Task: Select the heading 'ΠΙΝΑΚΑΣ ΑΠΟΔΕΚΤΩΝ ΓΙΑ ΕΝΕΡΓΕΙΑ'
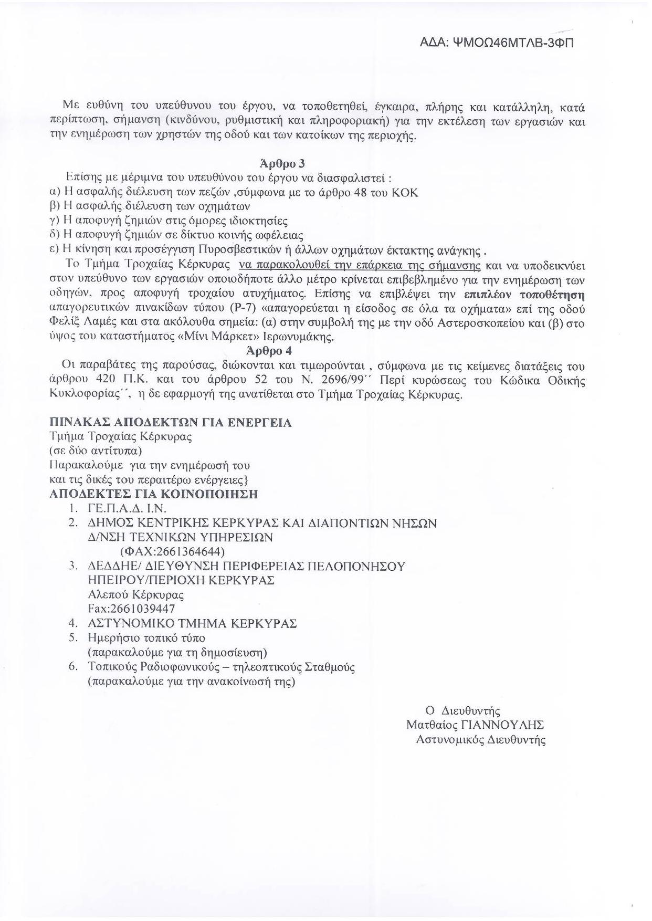[x=171, y=423]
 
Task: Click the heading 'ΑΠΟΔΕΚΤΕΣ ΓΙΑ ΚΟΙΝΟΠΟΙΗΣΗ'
[x=153, y=494]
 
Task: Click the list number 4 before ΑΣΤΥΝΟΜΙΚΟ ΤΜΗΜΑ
[x=73, y=624]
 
